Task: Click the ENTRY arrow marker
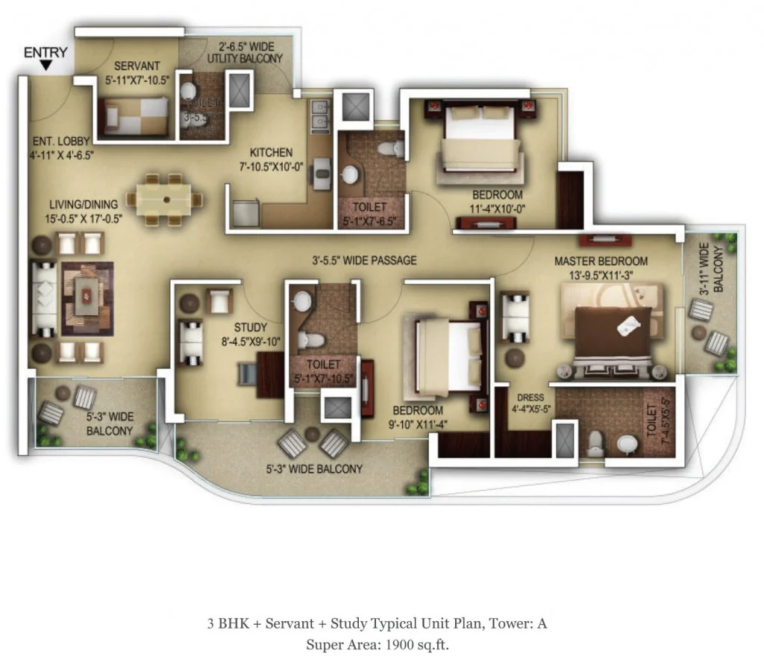pos(46,66)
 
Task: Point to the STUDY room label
pos(250,327)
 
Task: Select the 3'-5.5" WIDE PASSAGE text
pos(364,261)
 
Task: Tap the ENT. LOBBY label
pos(61,147)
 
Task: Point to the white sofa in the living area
pos(44,297)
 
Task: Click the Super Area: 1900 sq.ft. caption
pos(377,644)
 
